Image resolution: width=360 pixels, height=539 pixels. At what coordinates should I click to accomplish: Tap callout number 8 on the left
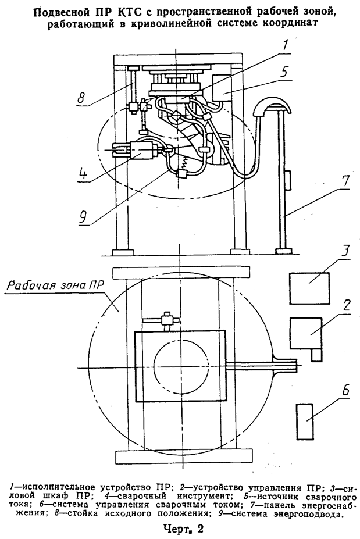[81, 97]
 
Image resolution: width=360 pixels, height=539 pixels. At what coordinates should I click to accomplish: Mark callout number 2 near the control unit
[345, 305]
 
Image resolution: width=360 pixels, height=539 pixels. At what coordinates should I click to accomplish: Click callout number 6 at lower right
[345, 391]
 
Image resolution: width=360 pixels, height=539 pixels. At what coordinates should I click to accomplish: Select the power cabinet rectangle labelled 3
[309, 288]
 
